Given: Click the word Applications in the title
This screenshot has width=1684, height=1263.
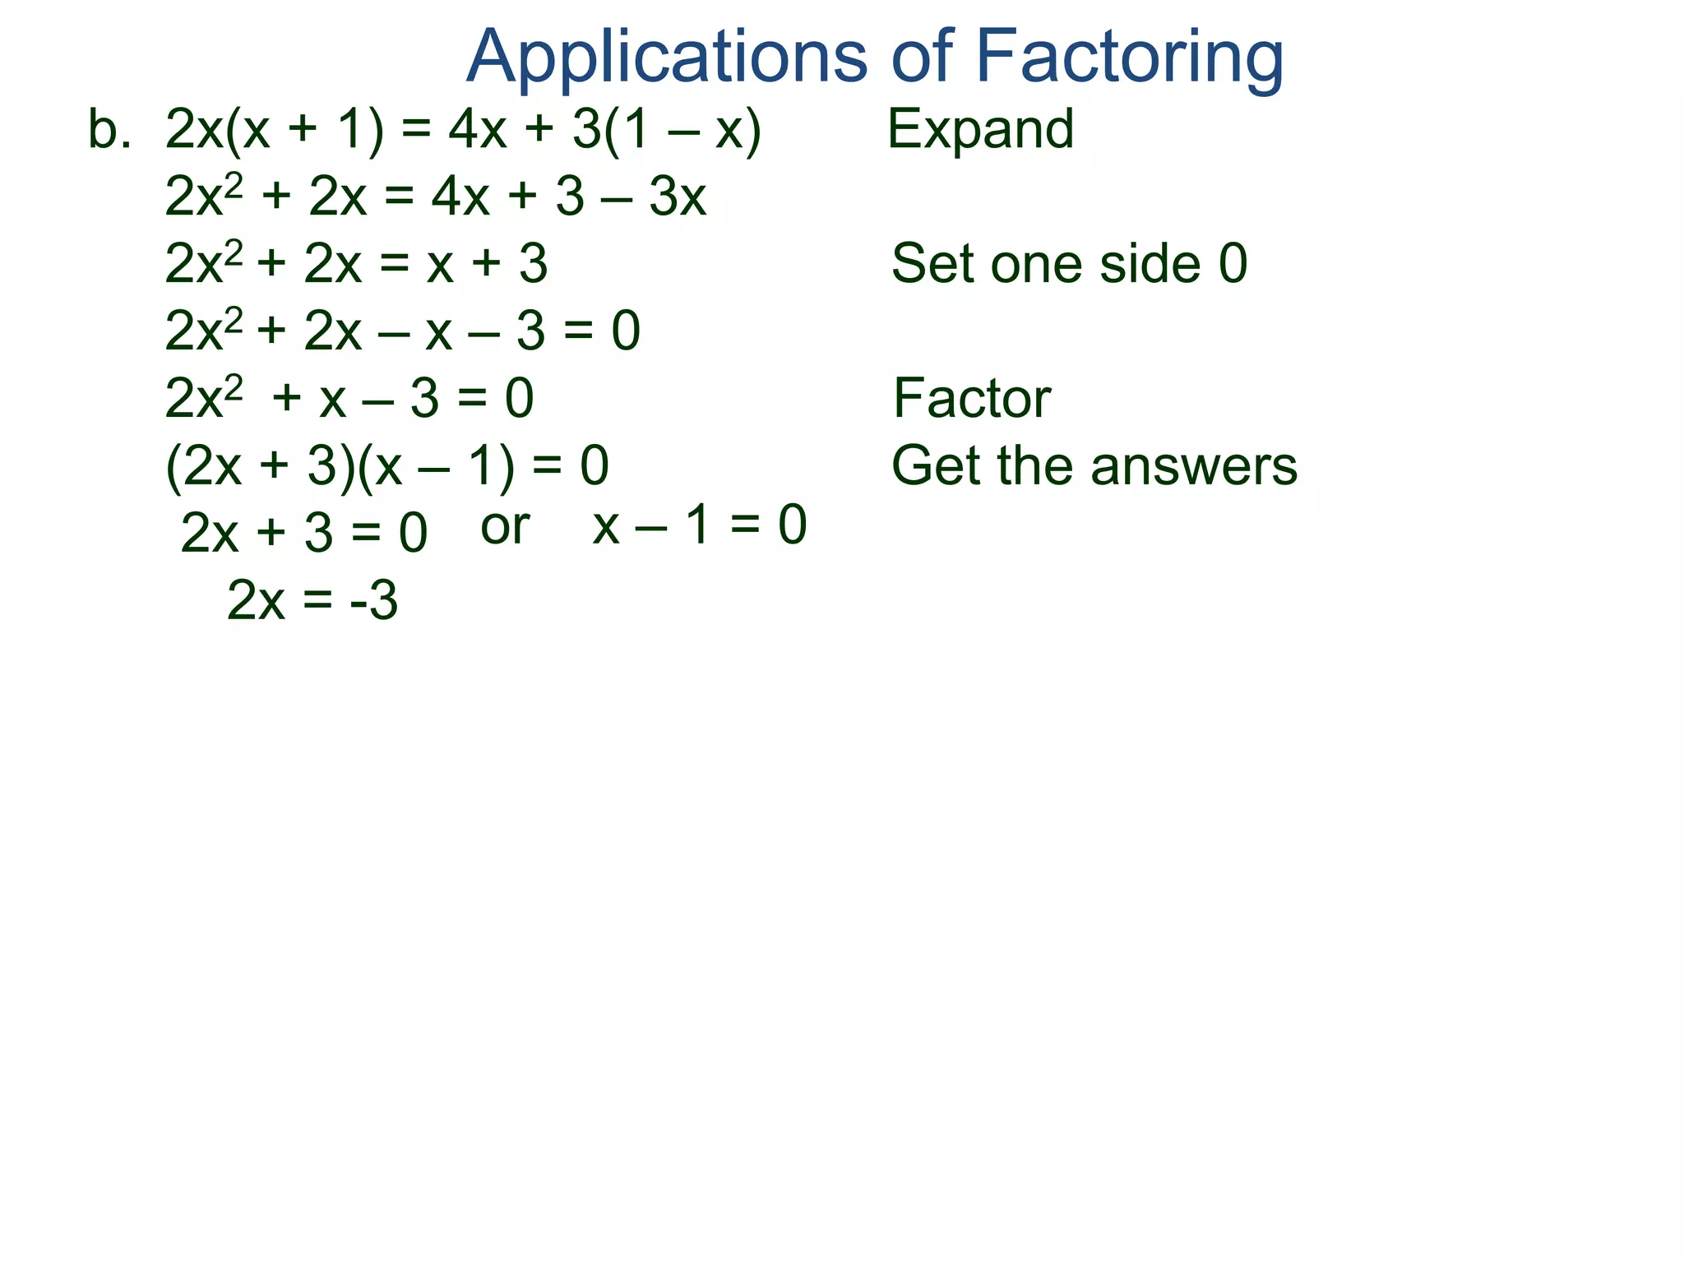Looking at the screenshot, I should pyautogui.click(x=666, y=58).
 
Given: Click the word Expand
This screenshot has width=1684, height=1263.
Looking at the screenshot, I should pyautogui.click(x=980, y=130).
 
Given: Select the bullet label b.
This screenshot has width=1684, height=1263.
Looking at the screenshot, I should pyautogui.click(x=109, y=130).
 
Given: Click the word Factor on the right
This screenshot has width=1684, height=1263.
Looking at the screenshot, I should pyautogui.click(x=971, y=399).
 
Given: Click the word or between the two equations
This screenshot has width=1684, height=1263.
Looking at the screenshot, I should pyautogui.click(x=505, y=527).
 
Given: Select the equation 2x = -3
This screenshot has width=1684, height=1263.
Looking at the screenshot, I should pyautogui.click(x=312, y=601).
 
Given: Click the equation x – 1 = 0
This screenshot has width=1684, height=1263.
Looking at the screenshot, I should pyautogui.click(x=700, y=525).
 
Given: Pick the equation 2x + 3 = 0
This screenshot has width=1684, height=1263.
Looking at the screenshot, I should pyautogui.click(x=303, y=533).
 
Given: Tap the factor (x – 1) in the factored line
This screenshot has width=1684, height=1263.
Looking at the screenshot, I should pyautogui.click(x=437, y=466).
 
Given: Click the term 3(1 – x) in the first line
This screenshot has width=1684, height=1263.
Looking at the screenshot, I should pyautogui.click(x=667, y=130).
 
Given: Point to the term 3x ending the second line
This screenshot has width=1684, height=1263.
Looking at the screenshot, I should pyautogui.click(x=678, y=197).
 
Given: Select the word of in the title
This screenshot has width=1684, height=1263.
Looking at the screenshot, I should pyautogui.click(x=922, y=58).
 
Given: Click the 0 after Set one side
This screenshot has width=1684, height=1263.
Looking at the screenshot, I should pyautogui.click(x=1233, y=265).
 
